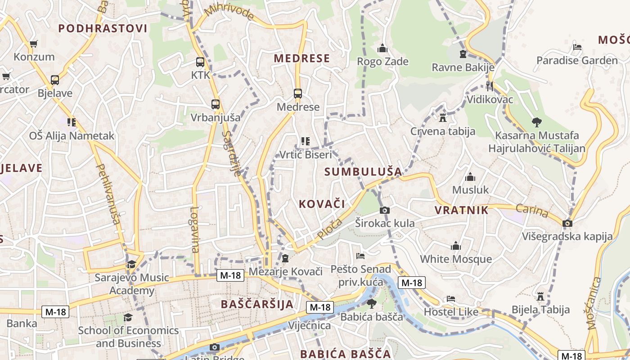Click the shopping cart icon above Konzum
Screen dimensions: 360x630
(x=33, y=44)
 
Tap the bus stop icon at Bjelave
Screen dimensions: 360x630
(x=55, y=80)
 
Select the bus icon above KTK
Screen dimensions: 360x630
(x=200, y=63)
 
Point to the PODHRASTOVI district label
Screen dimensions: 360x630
(x=103, y=29)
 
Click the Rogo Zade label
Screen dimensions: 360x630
(x=382, y=61)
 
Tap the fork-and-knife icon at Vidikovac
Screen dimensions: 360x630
(x=490, y=86)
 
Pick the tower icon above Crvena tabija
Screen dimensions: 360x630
(x=443, y=118)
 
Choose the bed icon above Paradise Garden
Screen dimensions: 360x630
(x=577, y=47)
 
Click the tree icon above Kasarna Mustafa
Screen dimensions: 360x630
(x=536, y=121)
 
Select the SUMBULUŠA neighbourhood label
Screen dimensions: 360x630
(x=363, y=171)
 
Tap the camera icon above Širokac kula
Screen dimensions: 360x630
(x=385, y=210)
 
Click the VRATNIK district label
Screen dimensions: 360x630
(x=462, y=210)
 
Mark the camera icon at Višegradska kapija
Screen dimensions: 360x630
(x=567, y=223)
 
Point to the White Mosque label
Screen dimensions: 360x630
(x=456, y=259)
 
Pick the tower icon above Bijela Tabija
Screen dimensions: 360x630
(x=540, y=296)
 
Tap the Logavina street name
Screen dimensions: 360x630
(x=194, y=229)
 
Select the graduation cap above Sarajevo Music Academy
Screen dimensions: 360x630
(x=131, y=264)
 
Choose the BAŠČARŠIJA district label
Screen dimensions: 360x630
(x=257, y=304)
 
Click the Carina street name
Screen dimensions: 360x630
(x=531, y=211)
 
